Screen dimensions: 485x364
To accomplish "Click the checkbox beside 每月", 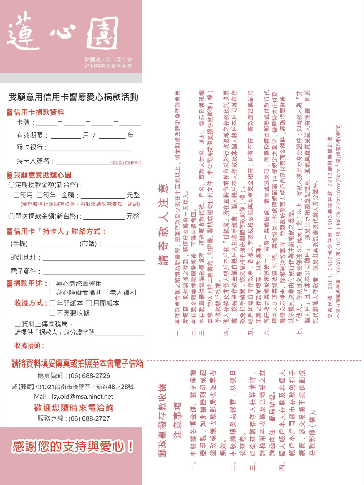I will tap(16, 195).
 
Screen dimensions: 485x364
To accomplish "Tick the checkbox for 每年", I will tap(39, 195).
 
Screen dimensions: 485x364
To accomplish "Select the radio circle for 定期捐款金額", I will tap(11, 185).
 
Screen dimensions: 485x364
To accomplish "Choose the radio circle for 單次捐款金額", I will tap(11, 216).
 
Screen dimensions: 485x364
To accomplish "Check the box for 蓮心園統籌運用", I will tap(52, 283).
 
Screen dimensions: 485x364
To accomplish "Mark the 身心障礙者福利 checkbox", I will tap(52, 292).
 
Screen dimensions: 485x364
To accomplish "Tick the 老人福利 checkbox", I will tap(107, 292).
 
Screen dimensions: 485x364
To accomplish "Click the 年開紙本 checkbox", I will tap(52, 303).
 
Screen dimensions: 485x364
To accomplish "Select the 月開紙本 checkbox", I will tap(89, 303).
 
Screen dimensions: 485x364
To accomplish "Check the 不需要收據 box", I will tap(52, 313).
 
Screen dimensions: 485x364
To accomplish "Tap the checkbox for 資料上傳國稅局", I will tap(17, 324).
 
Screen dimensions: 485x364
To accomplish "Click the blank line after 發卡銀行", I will tap(90, 149).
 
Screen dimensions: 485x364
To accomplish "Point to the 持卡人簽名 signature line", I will tap(83, 162).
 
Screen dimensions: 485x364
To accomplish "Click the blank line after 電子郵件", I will tap(94, 273).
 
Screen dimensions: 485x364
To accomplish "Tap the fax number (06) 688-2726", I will tap(89, 376).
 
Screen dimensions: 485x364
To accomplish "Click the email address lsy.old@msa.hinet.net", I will tap(82, 397).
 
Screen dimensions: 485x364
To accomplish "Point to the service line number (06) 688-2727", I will tap(89, 418).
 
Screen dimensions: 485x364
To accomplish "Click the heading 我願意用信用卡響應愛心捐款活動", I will tap(73, 97).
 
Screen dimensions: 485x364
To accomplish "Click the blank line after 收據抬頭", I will tap(94, 347).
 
